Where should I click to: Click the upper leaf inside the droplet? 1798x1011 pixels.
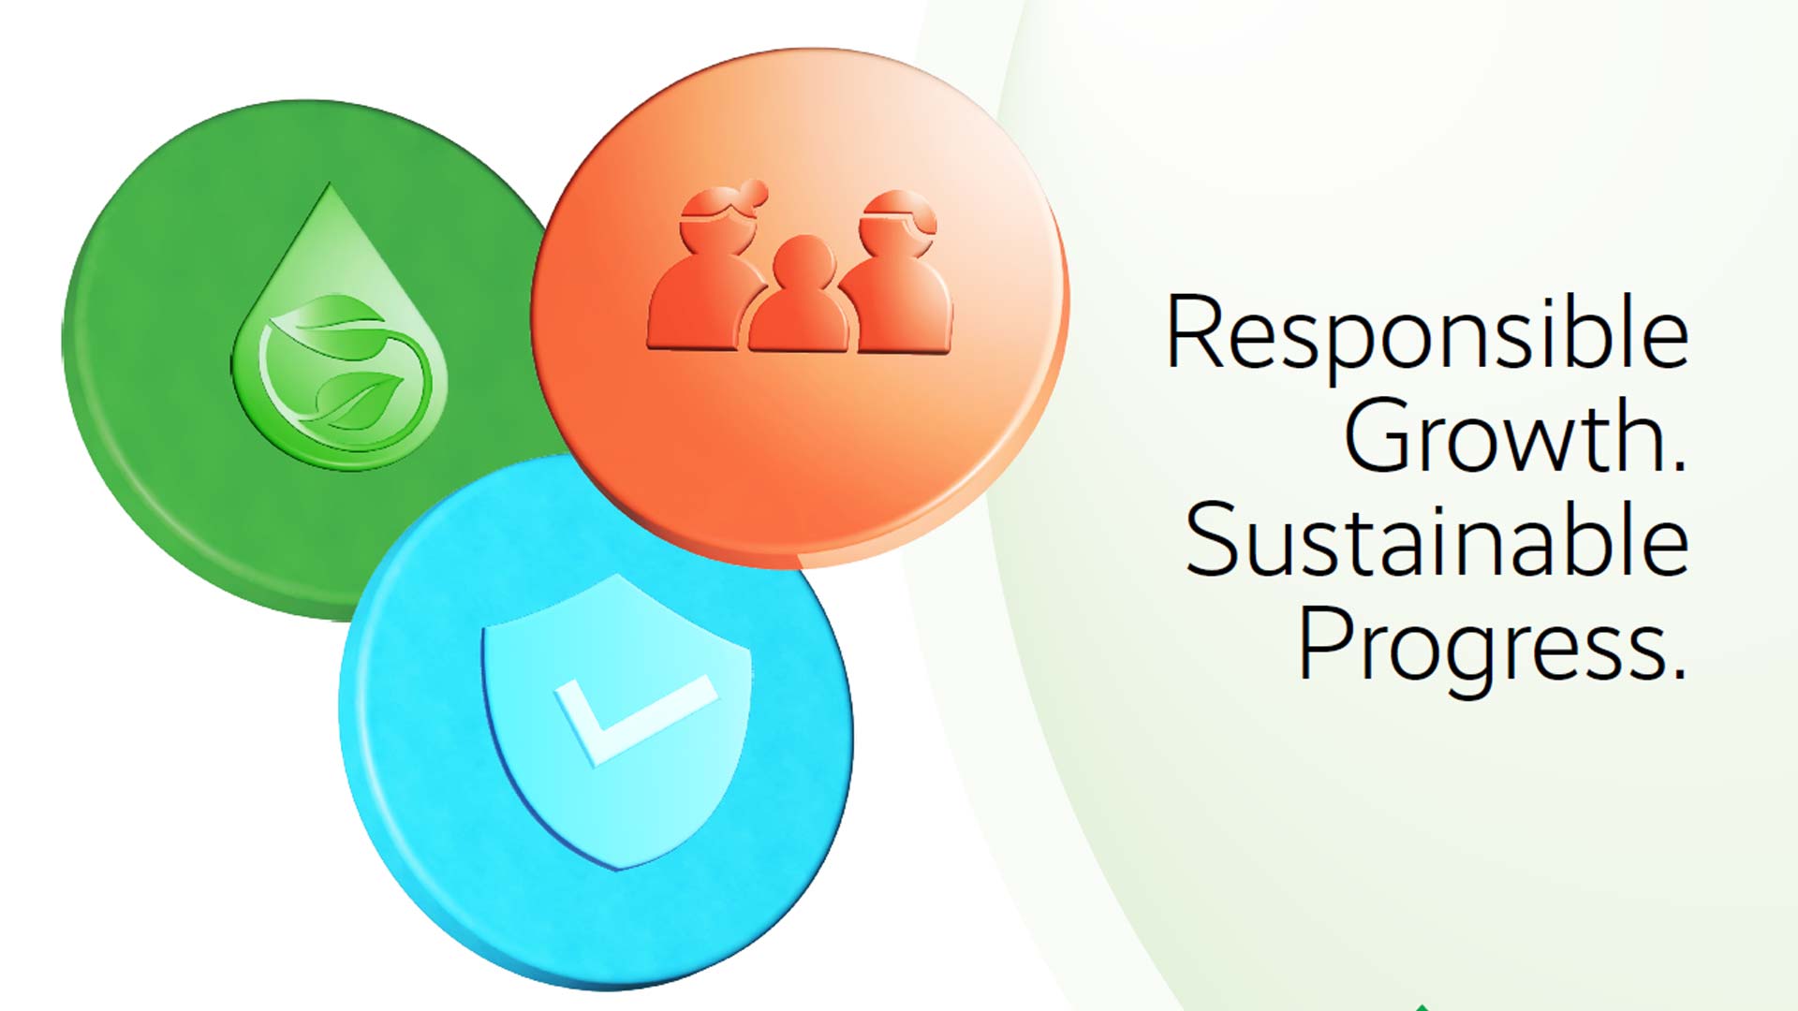328,328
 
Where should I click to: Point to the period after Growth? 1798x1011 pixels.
1677,462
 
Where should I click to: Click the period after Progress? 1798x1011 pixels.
1677,670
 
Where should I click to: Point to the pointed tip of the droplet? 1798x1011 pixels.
329,183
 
